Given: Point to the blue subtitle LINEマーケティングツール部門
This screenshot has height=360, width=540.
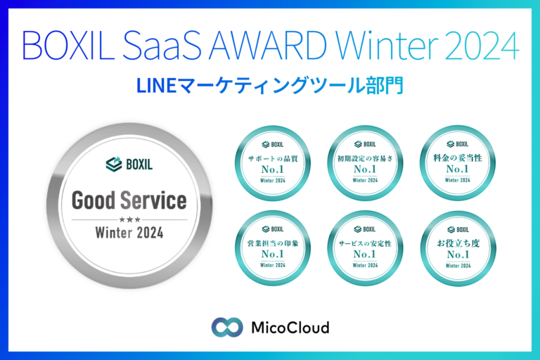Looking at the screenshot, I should click(269, 86).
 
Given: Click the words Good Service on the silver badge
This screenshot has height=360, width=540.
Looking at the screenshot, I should click(129, 202).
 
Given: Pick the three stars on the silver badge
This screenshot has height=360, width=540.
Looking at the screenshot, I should click(129, 220).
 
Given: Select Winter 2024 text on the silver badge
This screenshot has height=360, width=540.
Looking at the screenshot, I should click(129, 233).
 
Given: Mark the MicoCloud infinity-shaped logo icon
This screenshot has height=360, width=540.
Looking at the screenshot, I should click(226, 327).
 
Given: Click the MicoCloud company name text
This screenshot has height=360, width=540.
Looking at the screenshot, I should click(290, 327).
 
